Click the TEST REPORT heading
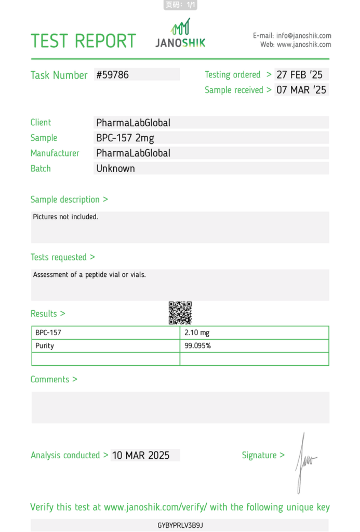pos(83,41)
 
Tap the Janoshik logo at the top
pos(180,34)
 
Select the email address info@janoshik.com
pos(303,36)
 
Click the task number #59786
pos(113,75)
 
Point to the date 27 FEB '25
pos(300,75)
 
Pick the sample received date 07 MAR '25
pos(301,90)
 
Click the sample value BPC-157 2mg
pos(125,138)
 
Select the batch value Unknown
pos(115,168)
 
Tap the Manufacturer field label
pos(55,153)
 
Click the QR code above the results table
pos(180,313)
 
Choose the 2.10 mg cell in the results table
pos(197,332)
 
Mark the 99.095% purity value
pos(198,345)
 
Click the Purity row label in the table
pos(45,345)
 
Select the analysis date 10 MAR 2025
pos(141,455)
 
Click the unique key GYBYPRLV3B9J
pos(180,525)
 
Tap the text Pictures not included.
pos(65,217)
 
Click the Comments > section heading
pos(54,379)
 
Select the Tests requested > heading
pos(63,257)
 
